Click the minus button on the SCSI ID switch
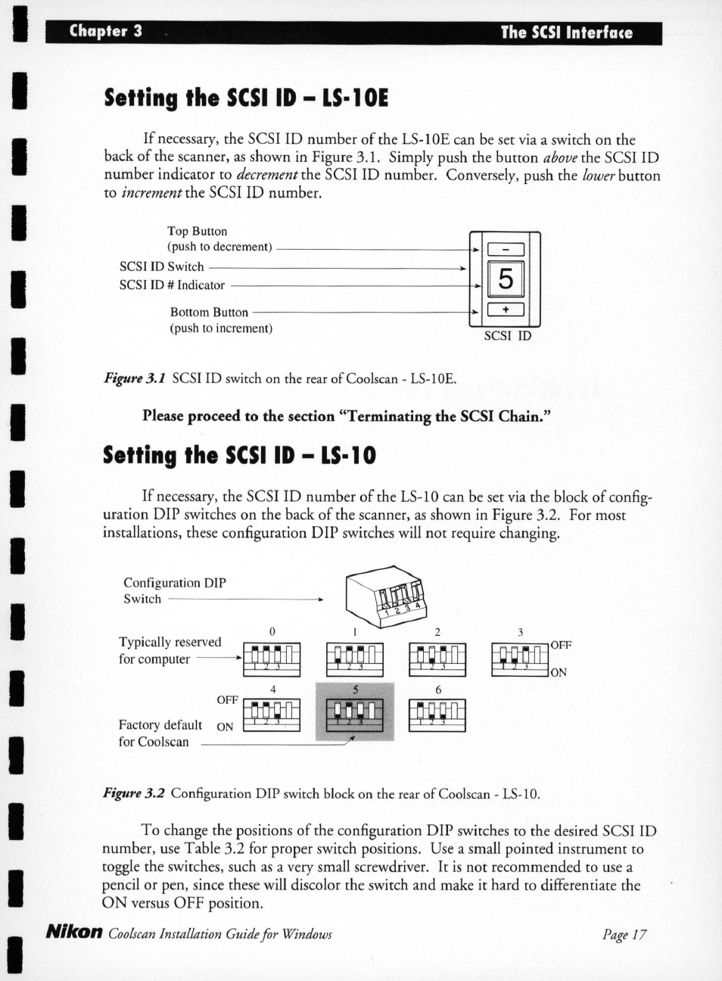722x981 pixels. pos(506,250)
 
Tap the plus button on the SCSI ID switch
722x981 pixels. pos(506,310)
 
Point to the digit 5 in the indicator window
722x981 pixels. pos(506,279)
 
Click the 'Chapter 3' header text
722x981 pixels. pos(105,31)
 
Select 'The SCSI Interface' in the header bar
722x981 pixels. pos(565,33)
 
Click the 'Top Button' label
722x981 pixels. pos(197,231)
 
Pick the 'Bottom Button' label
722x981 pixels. pos(209,312)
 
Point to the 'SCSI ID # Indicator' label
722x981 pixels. pos(172,285)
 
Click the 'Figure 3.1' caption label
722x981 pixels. pos(134,378)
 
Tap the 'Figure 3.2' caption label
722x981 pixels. pos(133,793)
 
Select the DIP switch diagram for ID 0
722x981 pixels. pos(272,659)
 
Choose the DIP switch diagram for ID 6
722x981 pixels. pos(437,715)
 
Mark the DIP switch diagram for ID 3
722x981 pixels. pos(520,659)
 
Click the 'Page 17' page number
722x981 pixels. pos(624,935)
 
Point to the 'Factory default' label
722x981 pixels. pos(160,724)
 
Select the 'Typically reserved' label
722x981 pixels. pos(170,642)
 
